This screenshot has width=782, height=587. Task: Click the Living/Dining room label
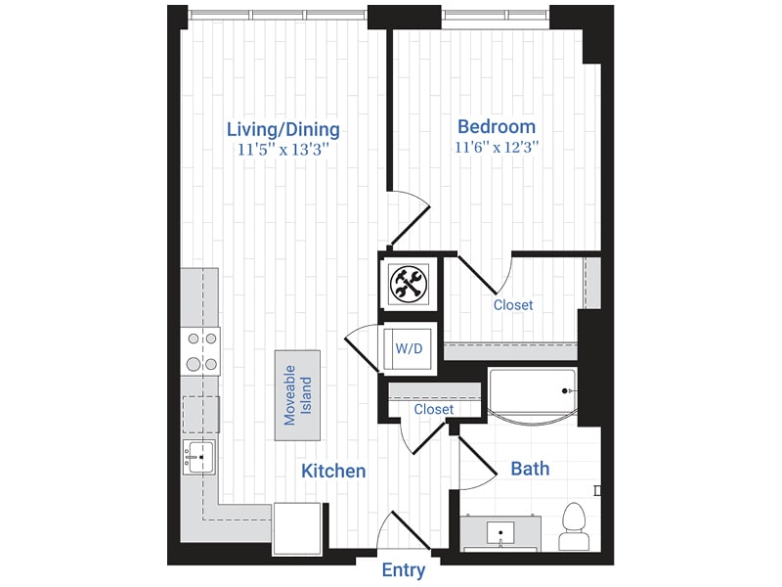click(x=282, y=129)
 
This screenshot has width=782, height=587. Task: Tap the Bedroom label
click(x=497, y=126)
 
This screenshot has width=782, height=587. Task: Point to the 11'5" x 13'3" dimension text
click(x=282, y=151)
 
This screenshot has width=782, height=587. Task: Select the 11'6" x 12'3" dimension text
click(x=497, y=148)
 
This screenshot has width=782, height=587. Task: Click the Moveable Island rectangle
click(x=296, y=393)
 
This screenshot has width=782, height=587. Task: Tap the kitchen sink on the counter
click(x=199, y=457)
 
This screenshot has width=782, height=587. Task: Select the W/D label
click(x=408, y=347)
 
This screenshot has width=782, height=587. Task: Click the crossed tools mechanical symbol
click(x=406, y=285)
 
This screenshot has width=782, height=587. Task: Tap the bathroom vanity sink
click(x=501, y=534)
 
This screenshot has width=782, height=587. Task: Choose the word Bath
click(x=530, y=469)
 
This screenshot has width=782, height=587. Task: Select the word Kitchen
click(x=333, y=471)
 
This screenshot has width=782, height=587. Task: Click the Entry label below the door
click(x=404, y=570)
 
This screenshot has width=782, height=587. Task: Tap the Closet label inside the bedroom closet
click(x=513, y=305)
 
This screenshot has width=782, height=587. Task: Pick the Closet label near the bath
click(x=434, y=409)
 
